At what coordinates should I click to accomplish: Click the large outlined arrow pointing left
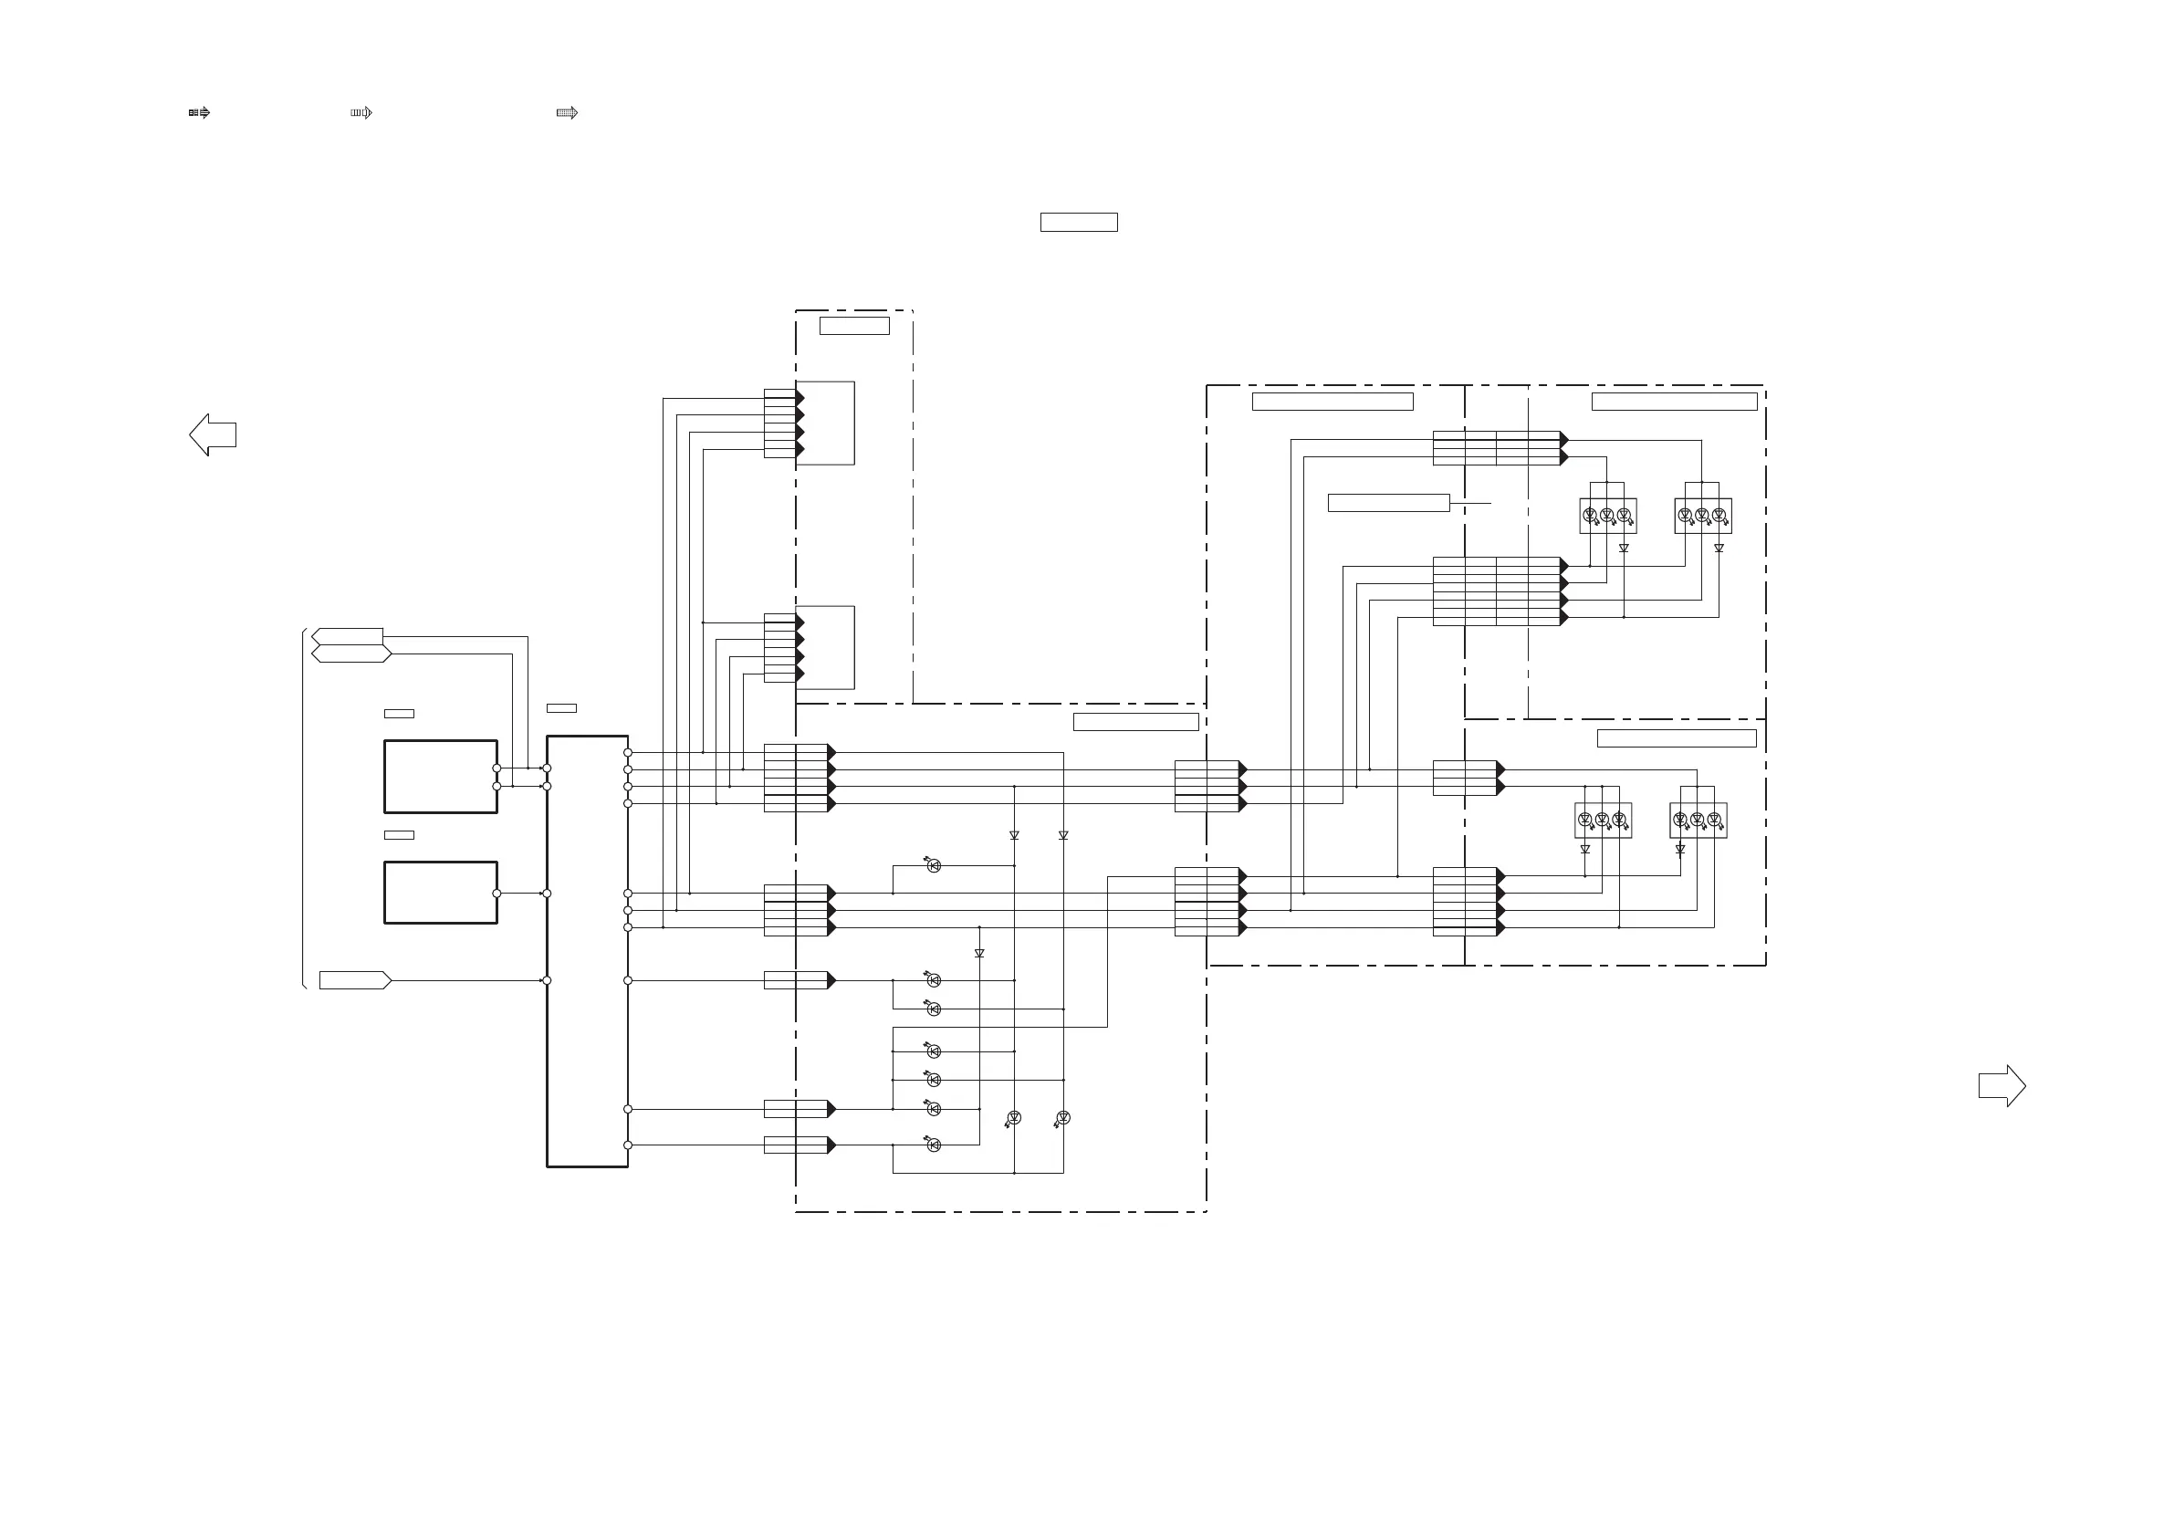(x=213, y=434)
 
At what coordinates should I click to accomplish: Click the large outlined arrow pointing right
(x=2002, y=1085)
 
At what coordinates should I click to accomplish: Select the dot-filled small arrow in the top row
(x=567, y=112)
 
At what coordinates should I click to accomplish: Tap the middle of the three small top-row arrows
(x=361, y=112)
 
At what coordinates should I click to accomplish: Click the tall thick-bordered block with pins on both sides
(x=587, y=951)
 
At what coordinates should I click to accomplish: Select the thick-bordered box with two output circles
(x=440, y=777)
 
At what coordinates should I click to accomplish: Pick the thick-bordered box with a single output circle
(x=440, y=892)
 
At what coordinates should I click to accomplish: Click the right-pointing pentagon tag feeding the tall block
(x=355, y=980)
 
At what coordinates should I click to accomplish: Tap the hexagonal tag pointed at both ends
(x=351, y=653)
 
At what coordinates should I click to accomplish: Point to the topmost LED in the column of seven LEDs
(x=934, y=865)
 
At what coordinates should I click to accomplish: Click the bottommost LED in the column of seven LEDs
(x=934, y=1145)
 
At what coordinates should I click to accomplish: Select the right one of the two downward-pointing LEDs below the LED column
(x=1063, y=1118)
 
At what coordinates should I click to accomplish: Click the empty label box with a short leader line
(x=1388, y=503)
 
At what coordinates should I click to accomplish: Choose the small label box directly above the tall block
(x=561, y=708)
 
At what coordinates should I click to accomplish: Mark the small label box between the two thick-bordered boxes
(x=399, y=835)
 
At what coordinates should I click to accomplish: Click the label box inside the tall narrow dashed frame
(x=854, y=326)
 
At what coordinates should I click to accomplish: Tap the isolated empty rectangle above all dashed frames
(x=1079, y=223)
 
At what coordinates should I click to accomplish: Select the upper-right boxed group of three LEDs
(x=1702, y=516)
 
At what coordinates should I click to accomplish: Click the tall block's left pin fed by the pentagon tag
(x=547, y=980)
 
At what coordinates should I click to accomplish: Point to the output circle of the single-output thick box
(x=497, y=893)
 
